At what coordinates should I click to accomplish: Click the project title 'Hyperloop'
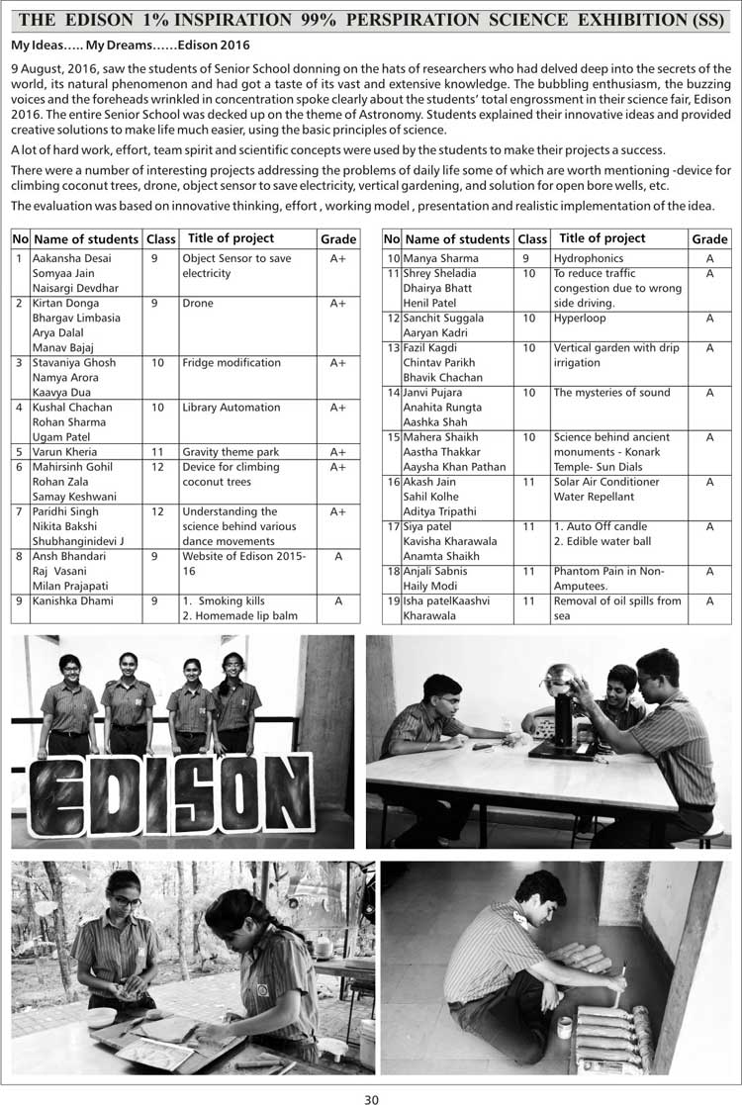coord(580,319)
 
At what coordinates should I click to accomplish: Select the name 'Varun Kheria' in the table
coord(61,452)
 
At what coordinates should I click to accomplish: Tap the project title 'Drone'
coord(198,304)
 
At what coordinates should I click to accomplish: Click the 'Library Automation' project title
coord(231,408)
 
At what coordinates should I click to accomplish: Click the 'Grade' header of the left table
coord(338,239)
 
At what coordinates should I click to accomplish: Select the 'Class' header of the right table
coord(532,239)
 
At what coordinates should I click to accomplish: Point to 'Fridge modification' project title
coord(232,363)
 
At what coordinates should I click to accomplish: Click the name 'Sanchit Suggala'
coord(443,319)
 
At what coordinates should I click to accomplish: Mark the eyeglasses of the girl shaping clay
coord(126,902)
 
